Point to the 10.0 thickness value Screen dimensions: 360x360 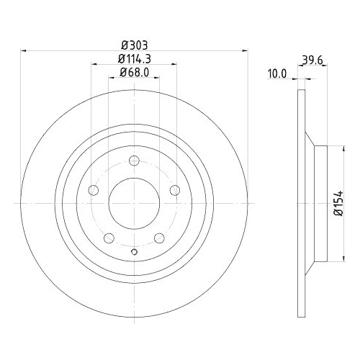[277, 73]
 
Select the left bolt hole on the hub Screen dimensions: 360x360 [93, 191]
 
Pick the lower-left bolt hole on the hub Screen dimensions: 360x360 [109, 238]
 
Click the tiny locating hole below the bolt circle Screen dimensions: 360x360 [135, 251]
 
